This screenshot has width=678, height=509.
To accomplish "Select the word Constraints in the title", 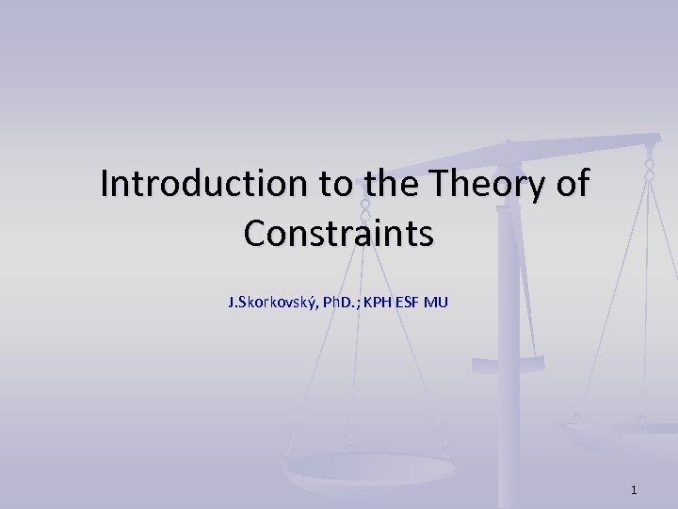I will pos(339,233).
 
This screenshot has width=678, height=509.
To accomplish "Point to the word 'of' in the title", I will pos(572,184).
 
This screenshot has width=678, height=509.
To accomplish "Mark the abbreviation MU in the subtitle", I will pos(438,303).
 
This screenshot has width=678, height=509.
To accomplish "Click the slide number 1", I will pos(635,489).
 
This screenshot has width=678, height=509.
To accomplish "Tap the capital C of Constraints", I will pos(253,233).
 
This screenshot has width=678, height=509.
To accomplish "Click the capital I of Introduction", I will pos(105,184).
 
